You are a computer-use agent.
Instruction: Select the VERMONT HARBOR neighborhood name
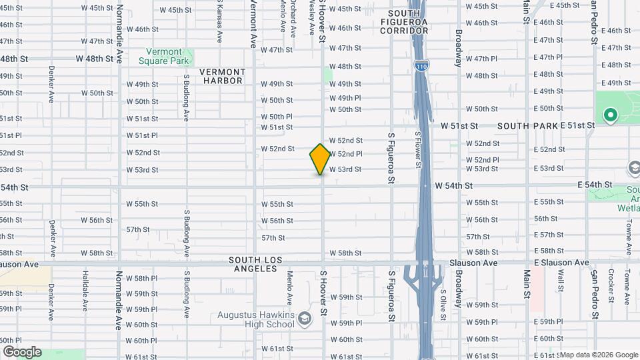tap(222, 76)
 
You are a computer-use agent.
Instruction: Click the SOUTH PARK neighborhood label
tap(522, 125)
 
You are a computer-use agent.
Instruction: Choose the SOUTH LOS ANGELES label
tap(256, 264)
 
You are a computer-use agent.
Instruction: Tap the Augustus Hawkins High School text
tap(256, 319)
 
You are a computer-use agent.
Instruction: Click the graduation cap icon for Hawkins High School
tap(305, 319)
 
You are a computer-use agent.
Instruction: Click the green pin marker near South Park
tap(609, 115)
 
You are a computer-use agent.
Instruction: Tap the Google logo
tap(22, 352)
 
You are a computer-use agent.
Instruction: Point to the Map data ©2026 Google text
tap(597, 354)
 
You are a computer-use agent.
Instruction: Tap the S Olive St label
tap(443, 301)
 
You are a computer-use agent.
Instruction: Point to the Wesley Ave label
tap(311, 18)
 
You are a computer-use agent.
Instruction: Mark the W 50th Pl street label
tap(277, 117)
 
